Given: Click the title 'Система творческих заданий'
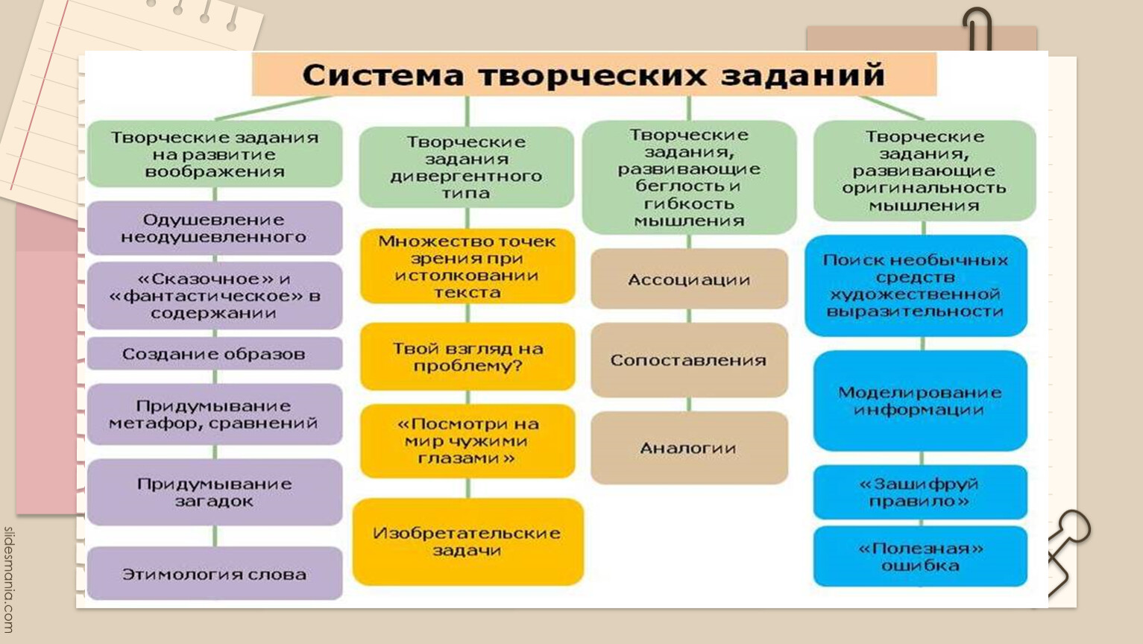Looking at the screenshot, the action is point(593,75).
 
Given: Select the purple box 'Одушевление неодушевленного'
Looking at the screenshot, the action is point(215,228).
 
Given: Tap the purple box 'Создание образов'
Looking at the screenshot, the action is point(215,353).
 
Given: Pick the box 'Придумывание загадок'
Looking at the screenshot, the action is point(215,492).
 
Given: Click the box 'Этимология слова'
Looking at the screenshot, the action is point(215,574).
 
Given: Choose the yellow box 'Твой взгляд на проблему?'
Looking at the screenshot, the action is point(467,357).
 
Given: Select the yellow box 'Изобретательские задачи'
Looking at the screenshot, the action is point(467,541).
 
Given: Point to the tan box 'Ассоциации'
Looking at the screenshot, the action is point(690,279).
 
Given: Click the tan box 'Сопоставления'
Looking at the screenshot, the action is point(690,360).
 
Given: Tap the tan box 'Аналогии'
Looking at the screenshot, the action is point(690,448).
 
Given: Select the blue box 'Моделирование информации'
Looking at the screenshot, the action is point(921,400).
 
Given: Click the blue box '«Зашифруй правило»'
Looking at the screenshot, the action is point(921,492).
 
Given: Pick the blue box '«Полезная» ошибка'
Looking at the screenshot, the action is point(921,557).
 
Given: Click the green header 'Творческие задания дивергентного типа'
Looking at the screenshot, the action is point(467,167).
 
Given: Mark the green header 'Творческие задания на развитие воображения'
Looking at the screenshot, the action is point(215,154).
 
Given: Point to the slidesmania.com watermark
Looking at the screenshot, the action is point(9,580).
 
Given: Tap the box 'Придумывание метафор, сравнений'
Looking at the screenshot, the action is point(215,414).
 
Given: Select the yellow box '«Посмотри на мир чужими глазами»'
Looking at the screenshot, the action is point(467,441).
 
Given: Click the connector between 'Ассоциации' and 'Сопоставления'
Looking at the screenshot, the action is point(690,316).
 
